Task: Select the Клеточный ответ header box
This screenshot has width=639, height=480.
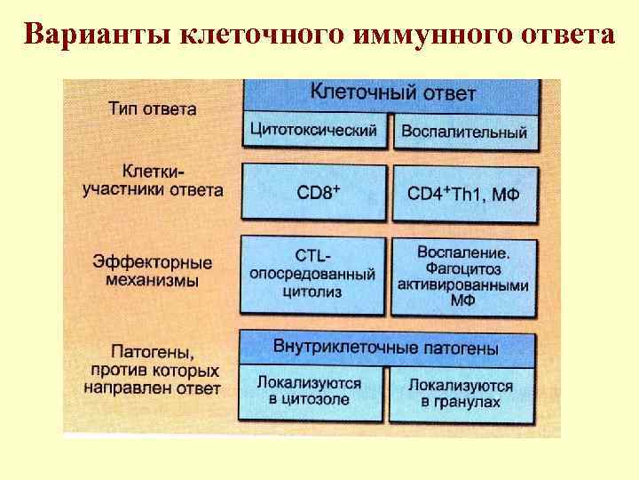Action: coord(392,92)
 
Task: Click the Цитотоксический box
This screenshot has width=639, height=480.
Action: coord(313,130)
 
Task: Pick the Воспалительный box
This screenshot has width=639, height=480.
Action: coord(464,132)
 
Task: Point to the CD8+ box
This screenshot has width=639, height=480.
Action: coord(313,192)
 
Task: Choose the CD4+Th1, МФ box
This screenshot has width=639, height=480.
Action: coord(464,193)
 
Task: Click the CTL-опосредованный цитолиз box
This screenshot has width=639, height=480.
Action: coord(313,274)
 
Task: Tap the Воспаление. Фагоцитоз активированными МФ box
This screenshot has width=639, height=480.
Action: coord(464,276)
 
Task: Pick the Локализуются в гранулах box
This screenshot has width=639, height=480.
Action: coord(462,394)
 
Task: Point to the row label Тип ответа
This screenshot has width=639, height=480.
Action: coord(153,109)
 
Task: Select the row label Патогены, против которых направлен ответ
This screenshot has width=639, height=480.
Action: coord(153,368)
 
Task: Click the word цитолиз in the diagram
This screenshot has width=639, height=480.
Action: coord(315,291)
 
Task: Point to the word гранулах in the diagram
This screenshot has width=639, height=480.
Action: coord(469,402)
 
